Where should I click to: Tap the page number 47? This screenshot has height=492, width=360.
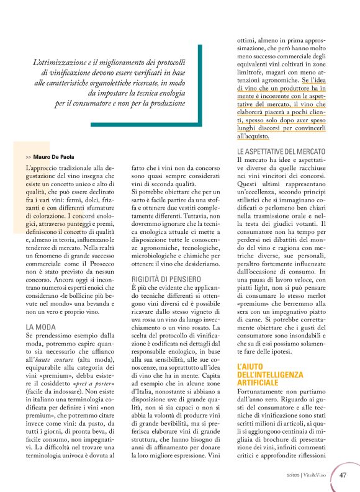(343, 476)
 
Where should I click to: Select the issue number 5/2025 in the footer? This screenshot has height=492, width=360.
(292, 476)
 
